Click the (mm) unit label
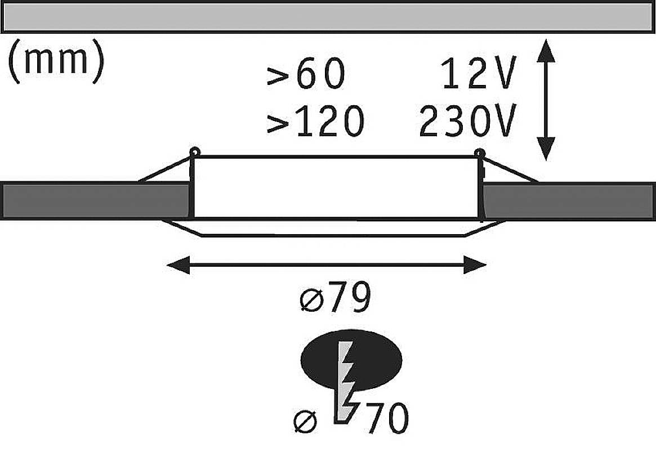pos(55,62)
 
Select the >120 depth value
pos(315,122)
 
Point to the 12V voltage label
pos(478,75)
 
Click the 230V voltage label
pos(467,122)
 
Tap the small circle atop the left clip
pos(195,151)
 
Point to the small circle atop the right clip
pos(480,152)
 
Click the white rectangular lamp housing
pos(336,187)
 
